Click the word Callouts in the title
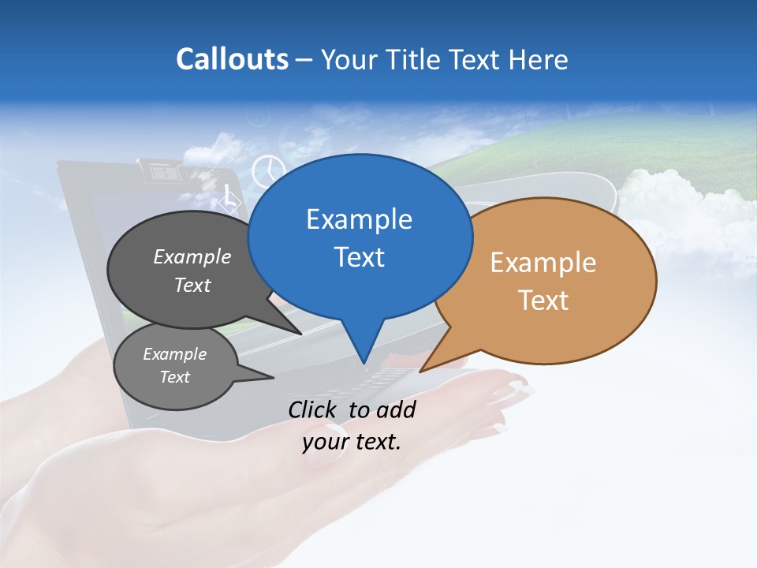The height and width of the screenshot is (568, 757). tap(232, 59)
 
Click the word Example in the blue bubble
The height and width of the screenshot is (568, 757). tap(359, 219)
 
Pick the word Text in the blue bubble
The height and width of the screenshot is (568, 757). tap(359, 256)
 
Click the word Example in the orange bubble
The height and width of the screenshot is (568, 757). tap(543, 263)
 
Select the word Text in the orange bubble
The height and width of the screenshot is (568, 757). tap(543, 300)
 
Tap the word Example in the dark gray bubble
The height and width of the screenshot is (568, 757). tap(192, 256)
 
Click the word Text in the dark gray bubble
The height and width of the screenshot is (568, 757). tap(192, 285)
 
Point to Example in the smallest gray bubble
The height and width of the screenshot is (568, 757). tap(174, 354)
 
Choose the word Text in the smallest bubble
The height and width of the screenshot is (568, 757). tap(174, 376)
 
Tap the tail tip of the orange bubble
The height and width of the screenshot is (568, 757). tap(421, 371)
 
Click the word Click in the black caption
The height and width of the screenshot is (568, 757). tap(313, 409)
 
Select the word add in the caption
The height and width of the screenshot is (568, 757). tap(396, 409)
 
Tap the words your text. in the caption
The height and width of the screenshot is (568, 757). tap(352, 442)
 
